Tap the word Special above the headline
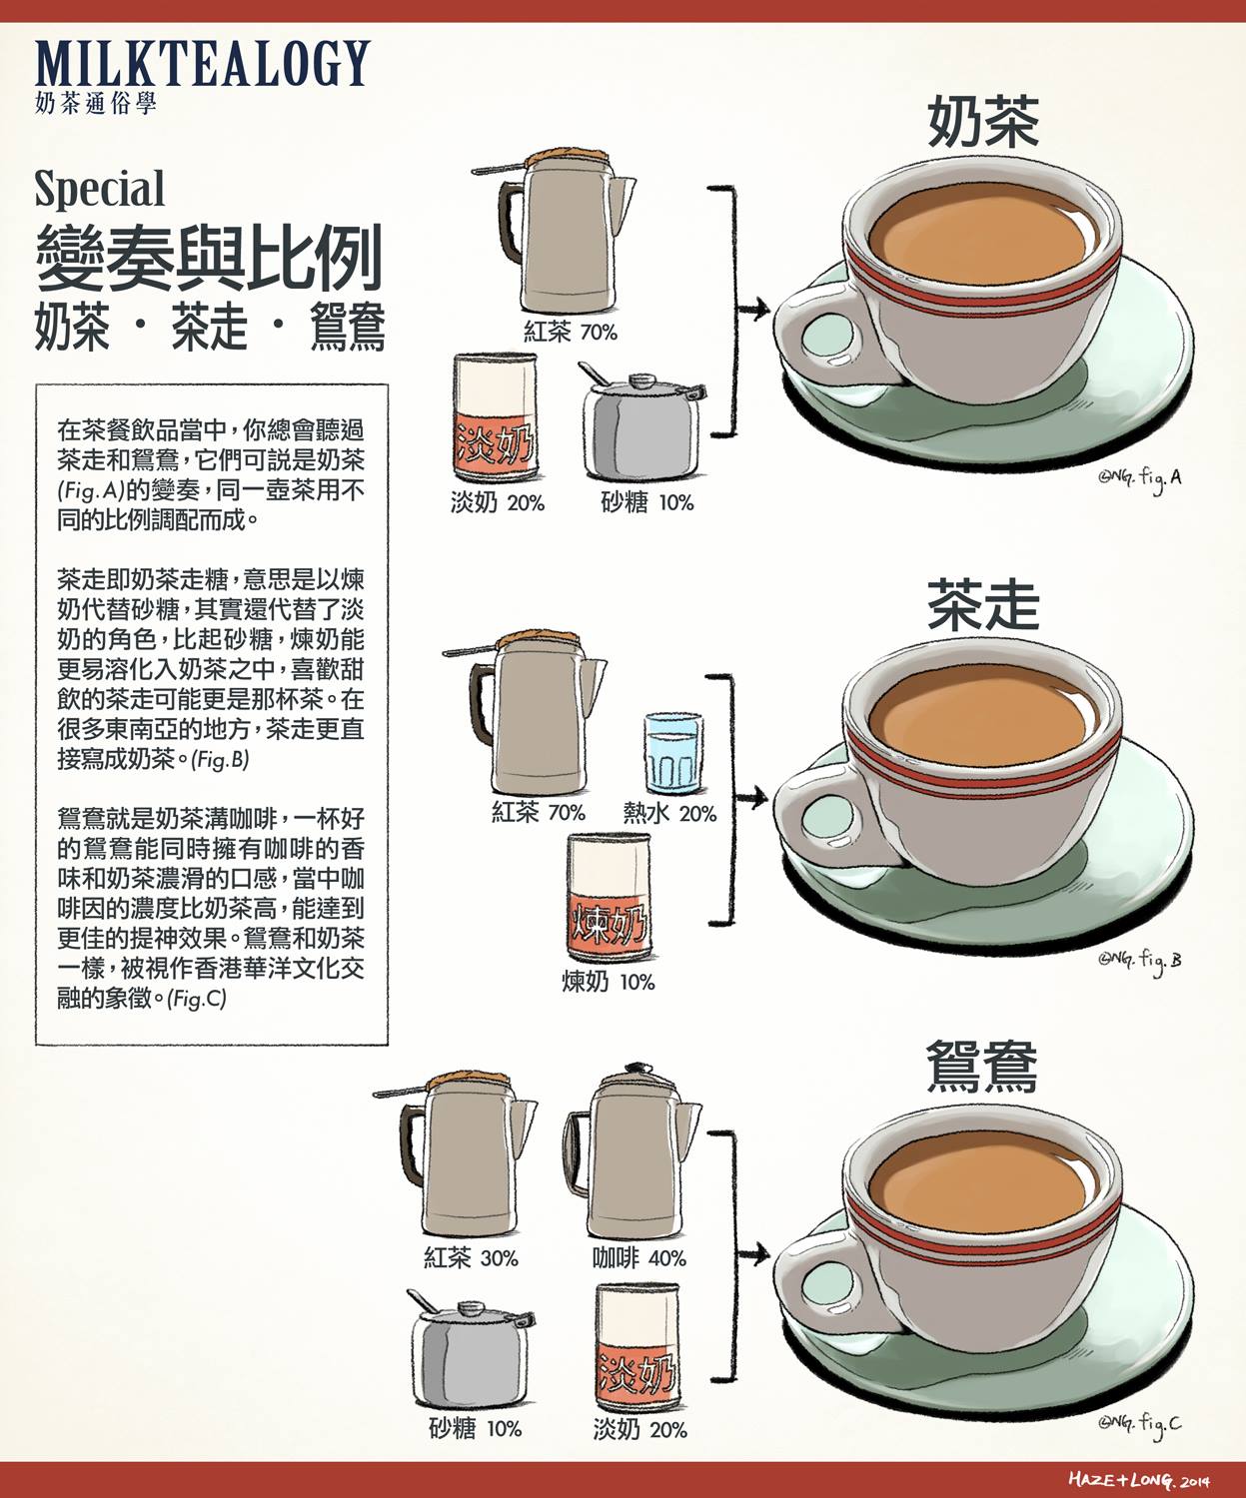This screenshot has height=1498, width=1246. click(100, 190)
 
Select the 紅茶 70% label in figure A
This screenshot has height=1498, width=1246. click(571, 333)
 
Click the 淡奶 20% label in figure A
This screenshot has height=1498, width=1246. click(498, 502)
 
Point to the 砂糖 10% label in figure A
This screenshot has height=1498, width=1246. click(647, 502)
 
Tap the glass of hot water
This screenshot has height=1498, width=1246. click(672, 753)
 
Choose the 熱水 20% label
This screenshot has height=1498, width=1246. click(669, 813)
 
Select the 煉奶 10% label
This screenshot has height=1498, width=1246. click(609, 982)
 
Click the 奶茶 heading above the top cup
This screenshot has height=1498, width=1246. click(983, 122)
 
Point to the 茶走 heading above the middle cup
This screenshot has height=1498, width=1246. click(983, 606)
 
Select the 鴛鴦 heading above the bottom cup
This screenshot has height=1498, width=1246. click(982, 1067)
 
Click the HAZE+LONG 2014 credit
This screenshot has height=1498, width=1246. click(1139, 1479)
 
